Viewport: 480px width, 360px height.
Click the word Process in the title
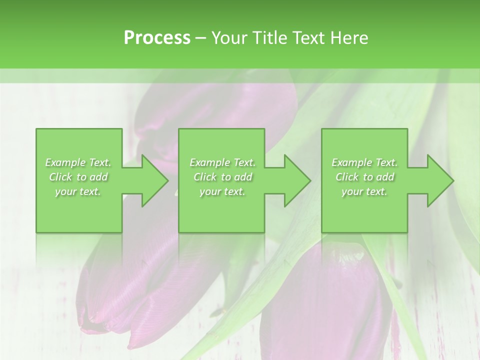157,38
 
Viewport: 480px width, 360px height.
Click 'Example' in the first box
65,162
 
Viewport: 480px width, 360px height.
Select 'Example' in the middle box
209,162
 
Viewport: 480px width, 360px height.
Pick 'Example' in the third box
351,162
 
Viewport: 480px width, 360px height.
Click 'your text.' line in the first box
78,191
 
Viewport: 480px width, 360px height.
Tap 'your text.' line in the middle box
222,191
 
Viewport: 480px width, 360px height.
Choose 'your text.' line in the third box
364,191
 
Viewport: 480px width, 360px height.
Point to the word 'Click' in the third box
347,177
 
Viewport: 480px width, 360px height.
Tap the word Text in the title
309,38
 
